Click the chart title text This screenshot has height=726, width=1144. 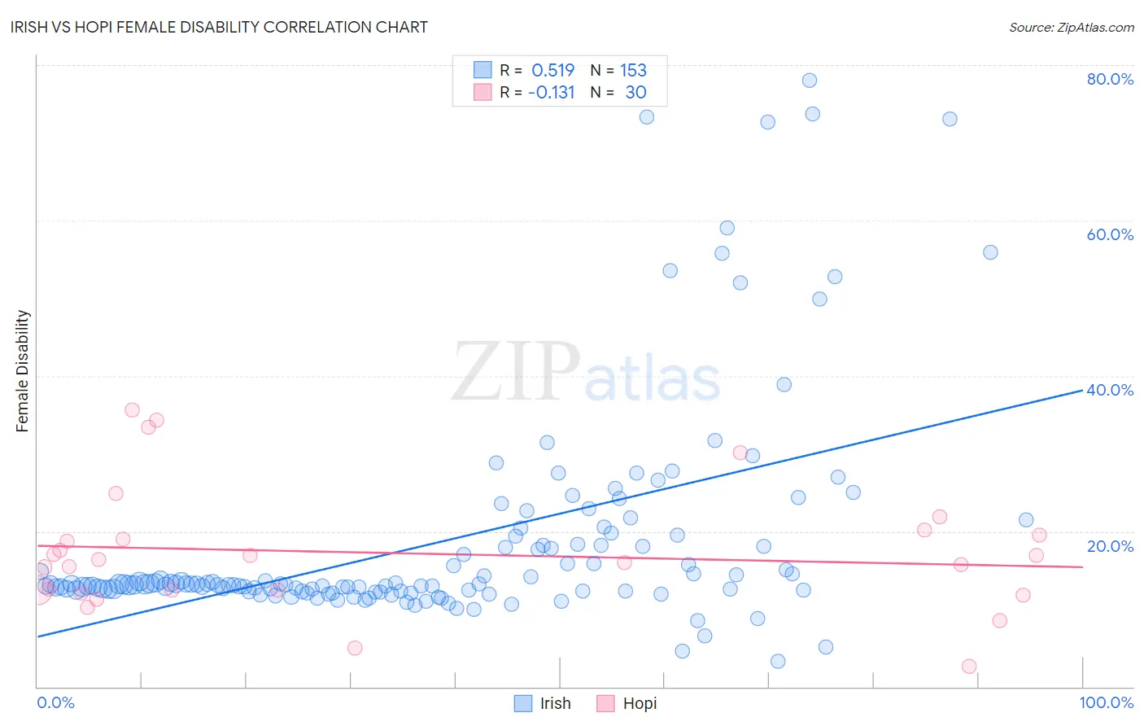click(219, 27)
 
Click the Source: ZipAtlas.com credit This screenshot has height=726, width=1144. click(1071, 27)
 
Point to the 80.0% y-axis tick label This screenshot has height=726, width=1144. click(1110, 79)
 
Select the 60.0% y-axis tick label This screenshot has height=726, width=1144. click(1110, 234)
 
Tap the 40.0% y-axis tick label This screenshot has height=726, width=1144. click(1110, 390)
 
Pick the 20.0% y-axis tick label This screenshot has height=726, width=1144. click(1110, 546)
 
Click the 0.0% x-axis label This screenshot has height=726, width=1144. click(55, 702)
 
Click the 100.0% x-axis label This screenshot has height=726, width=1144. click(1106, 702)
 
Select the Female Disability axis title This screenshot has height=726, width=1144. click(23, 370)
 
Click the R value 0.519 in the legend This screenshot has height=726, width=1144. click(552, 70)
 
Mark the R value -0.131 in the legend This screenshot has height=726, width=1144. click(551, 93)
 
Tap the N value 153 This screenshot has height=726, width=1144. click(633, 70)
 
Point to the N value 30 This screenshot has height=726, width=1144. click(635, 93)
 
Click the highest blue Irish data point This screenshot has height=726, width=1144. click(810, 81)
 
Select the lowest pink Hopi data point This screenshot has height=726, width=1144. click(969, 667)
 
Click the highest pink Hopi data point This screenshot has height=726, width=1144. click(132, 410)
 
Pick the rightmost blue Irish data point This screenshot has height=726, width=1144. click(1026, 520)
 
